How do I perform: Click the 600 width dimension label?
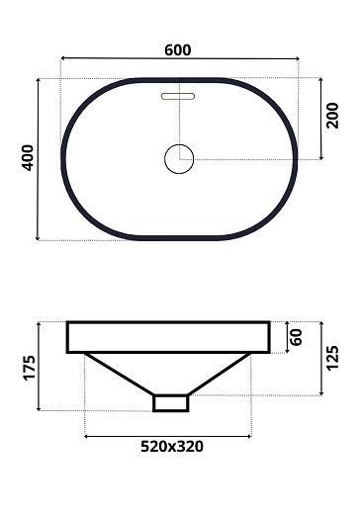178,49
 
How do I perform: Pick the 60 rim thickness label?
294,337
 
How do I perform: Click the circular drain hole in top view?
179,158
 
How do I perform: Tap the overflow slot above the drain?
179,97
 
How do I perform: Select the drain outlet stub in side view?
170,402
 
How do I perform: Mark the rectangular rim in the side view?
168,337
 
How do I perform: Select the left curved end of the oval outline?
65,158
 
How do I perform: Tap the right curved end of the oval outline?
294,158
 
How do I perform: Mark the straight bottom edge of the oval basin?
179,238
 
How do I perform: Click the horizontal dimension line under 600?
179,60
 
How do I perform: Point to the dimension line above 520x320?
168,434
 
